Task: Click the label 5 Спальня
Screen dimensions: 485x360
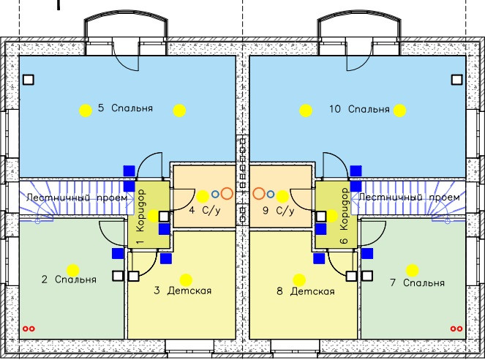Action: coord(126,108)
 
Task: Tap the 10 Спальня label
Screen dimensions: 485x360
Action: coord(359,109)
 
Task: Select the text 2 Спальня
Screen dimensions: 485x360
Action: coord(69,280)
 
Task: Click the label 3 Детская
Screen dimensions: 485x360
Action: coord(182,291)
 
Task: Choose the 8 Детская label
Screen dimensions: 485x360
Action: coord(306,291)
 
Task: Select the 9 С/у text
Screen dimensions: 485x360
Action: coord(277,211)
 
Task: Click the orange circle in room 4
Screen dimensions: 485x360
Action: coord(227,194)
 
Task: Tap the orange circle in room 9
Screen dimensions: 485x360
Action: coord(258,194)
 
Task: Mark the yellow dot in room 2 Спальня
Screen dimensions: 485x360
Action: coord(72,269)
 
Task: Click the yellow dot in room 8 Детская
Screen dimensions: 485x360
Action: coord(298,279)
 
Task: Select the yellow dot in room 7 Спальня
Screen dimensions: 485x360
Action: coord(413,270)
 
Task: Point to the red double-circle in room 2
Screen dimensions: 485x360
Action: coord(29,329)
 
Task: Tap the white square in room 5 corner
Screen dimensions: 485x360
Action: coord(29,79)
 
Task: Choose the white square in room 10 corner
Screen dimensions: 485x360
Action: coord(456,79)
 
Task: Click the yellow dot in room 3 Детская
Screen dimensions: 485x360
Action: coord(186,279)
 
